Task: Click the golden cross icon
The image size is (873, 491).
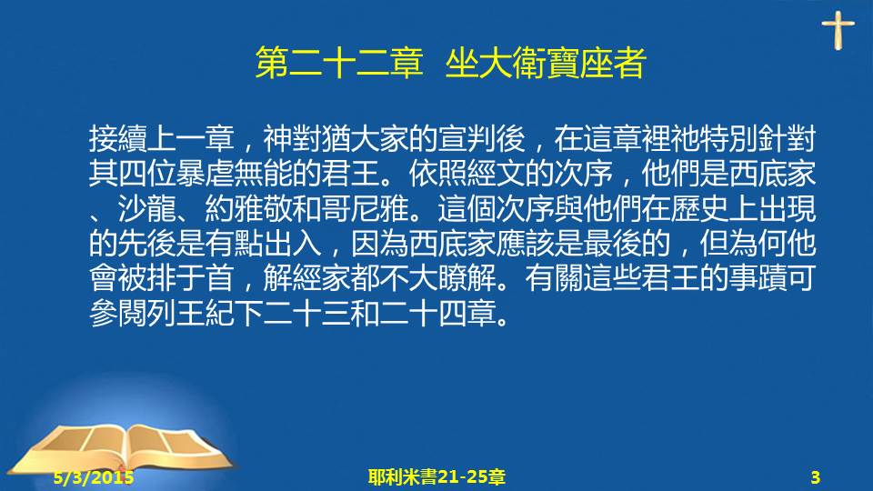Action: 838,31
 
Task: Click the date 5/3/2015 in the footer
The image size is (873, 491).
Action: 94,477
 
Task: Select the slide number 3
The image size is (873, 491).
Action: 815,477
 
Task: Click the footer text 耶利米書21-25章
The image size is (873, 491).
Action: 436,477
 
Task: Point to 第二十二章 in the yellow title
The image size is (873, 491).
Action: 339,63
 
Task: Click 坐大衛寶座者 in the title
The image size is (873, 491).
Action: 546,63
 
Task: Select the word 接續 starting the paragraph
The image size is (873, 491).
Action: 118,139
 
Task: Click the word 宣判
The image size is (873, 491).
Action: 467,139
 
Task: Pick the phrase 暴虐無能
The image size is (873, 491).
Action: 234,175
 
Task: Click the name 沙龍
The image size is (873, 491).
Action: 147,209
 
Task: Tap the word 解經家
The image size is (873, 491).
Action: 306,278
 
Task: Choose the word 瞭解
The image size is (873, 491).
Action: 467,278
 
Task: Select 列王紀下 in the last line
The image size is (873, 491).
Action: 205,314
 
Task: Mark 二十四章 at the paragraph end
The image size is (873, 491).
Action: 437,314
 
